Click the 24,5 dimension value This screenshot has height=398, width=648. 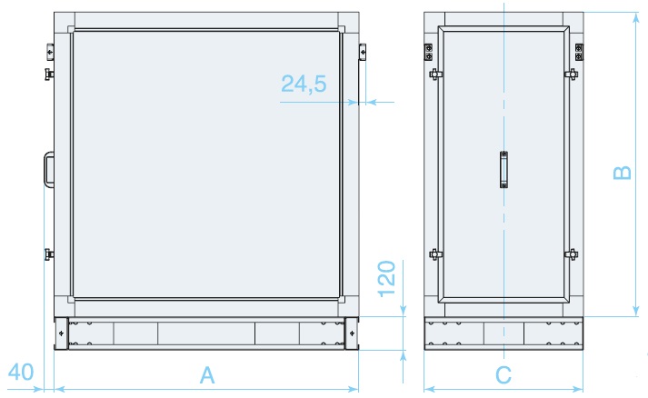[304, 85]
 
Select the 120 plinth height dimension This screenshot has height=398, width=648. [387, 280]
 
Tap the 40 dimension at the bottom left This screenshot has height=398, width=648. [21, 372]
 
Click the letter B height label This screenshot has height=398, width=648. [622, 173]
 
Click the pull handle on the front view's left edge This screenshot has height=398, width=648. [48, 170]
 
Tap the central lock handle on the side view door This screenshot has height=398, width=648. [503, 170]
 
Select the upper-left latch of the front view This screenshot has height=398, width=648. [48, 71]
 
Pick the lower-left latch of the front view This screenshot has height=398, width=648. [48, 253]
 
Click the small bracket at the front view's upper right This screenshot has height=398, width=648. [363, 51]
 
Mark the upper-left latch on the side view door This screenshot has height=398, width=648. [434, 75]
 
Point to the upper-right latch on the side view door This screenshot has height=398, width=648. [573, 75]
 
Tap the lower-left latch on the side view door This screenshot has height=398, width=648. [434, 254]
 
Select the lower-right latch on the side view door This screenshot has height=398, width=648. [573, 254]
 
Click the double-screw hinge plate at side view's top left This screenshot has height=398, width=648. [429, 52]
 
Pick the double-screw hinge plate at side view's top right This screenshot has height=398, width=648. [578, 52]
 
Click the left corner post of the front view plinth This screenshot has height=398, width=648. [61, 333]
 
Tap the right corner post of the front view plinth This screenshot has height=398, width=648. [352, 333]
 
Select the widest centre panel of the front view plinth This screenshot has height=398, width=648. [206, 333]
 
